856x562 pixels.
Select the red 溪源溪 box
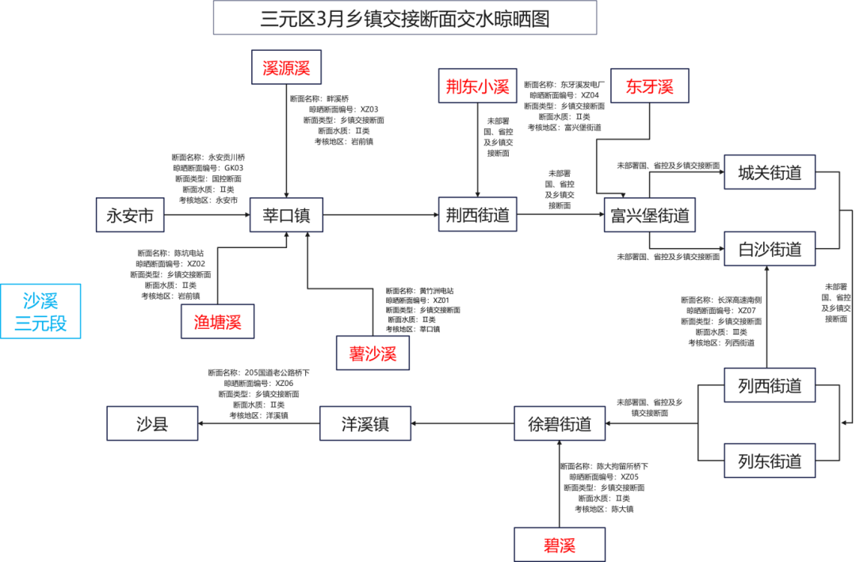(286, 67)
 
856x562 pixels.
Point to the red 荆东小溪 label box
(478, 86)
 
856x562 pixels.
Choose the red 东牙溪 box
(650, 86)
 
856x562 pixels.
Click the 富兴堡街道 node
(649, 215)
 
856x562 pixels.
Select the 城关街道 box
(770, 173)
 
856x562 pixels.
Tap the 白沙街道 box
(770, 249)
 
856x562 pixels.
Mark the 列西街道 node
(770, 386)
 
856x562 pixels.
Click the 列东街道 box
(770, 461)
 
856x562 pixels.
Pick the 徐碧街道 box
(559, 424)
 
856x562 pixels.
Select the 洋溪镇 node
(365, 424)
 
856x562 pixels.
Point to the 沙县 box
(152, 424)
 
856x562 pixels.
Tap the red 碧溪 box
(559, 545)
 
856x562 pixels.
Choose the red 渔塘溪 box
(217, 322)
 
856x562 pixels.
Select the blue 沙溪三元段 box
(40, 312)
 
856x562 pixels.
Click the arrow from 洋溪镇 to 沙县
(258, 424)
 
